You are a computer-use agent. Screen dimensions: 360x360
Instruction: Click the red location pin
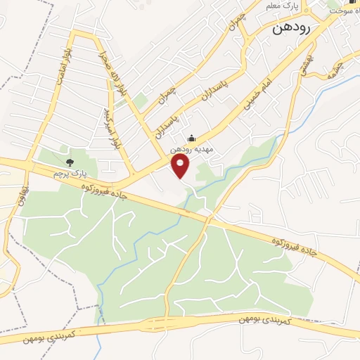click(181, 165)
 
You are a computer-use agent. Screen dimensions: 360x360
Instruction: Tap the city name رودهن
click(292, 31)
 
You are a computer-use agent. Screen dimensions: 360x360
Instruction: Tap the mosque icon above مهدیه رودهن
click(193, 139)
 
